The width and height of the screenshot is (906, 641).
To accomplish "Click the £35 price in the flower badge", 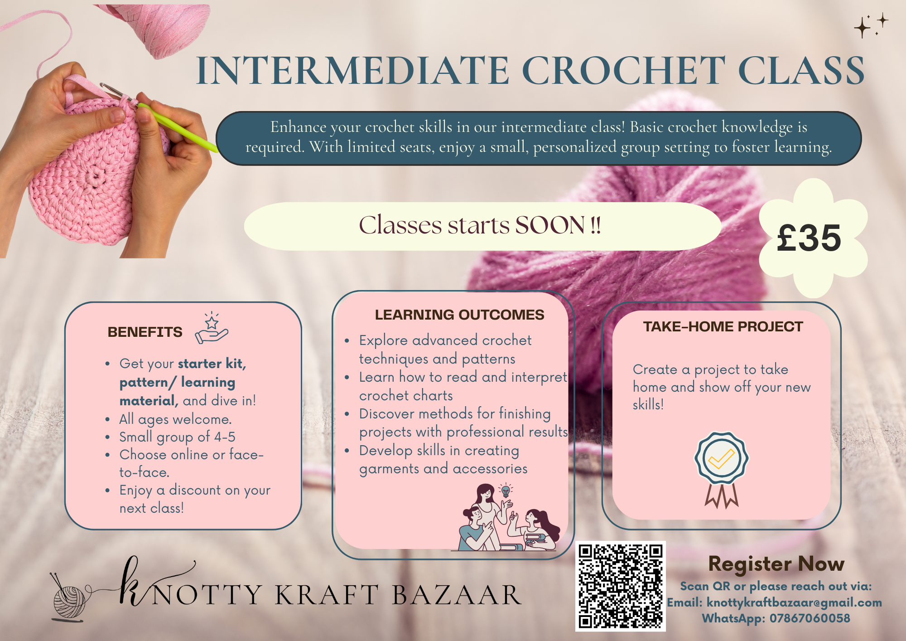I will (809, 238).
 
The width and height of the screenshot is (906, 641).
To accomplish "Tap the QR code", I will (620, 586).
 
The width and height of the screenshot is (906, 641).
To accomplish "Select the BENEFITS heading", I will (145, 332).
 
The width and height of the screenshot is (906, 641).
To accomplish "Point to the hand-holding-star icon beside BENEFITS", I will (212, 328).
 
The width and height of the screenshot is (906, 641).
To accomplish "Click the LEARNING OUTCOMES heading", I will (459, 315).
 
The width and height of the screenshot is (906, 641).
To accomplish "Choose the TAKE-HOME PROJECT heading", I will (723, 327).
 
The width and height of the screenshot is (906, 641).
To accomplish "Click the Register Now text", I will (776, 564).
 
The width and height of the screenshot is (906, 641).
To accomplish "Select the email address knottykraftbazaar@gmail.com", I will (794, 602).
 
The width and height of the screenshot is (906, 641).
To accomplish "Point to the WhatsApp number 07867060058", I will (810, 618).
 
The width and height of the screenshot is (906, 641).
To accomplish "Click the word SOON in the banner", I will (550, 225).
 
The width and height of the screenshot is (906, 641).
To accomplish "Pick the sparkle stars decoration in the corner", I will (871, 25).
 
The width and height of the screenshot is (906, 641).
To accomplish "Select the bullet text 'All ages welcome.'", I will (175, 419).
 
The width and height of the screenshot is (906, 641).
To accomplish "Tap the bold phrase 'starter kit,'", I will (212, 364).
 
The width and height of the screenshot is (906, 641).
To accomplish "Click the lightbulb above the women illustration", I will (505, 490).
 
